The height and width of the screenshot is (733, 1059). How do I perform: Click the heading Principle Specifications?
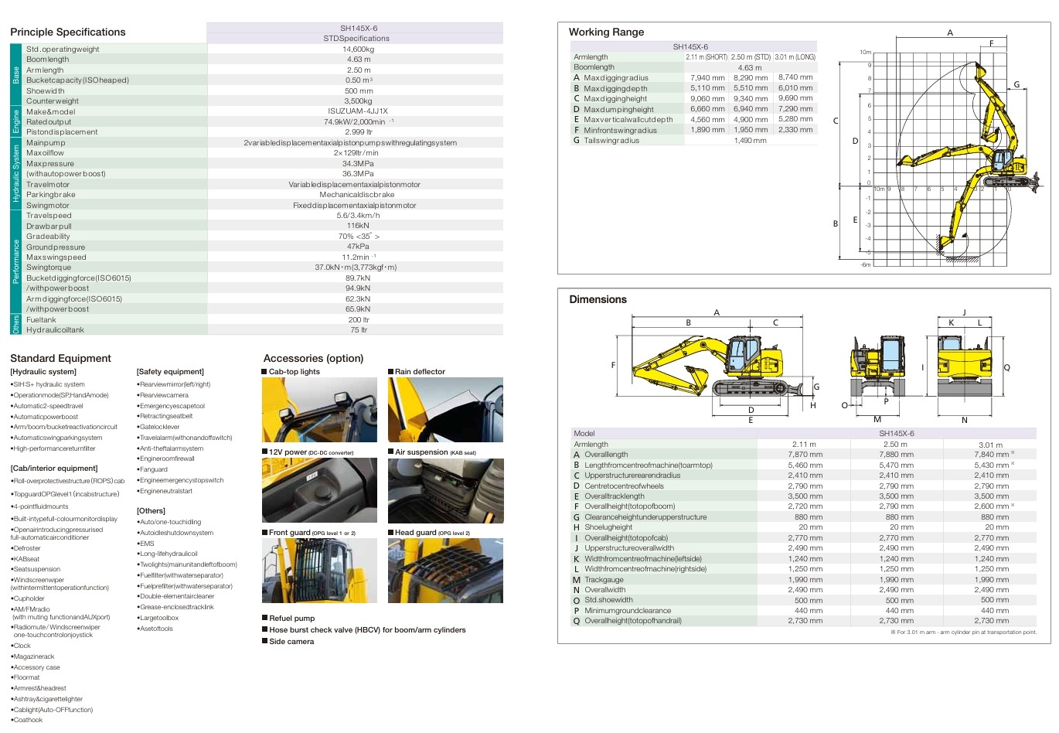tap(67, 32)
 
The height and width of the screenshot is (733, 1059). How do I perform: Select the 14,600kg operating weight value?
tap(358, 49)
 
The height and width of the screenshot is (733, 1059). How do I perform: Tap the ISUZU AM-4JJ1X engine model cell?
tap(358, 111)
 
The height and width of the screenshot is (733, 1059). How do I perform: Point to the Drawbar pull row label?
tap(49, 227)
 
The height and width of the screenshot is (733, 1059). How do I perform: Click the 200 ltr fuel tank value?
tap(359, 319)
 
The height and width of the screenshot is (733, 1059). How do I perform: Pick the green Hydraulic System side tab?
tap(16, 174)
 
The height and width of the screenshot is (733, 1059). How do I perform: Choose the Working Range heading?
tap(606, 32)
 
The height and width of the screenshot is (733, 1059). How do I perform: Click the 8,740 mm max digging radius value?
tap(795, 77)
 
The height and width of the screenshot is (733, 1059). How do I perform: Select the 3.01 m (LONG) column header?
tap(795, 57)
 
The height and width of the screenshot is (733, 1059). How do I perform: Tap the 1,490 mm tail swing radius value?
tap(750, 141)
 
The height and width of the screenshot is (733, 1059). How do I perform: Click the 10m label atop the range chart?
tap(865, 52)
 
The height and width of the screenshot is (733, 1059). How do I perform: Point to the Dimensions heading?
tap(598, 299)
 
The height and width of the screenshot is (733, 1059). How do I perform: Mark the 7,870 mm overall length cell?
tap(805, 455)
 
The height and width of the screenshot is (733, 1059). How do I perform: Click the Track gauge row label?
tap(604, 580)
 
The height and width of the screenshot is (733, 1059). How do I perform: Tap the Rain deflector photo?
tap(445, 410)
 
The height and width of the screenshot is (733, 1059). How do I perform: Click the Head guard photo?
tap(445, 571)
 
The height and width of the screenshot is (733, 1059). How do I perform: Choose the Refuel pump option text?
tap(291, 619)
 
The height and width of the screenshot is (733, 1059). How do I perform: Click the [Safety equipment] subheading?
tap(170, 372)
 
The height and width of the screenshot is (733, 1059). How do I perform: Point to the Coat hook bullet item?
tap(29, 720)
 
